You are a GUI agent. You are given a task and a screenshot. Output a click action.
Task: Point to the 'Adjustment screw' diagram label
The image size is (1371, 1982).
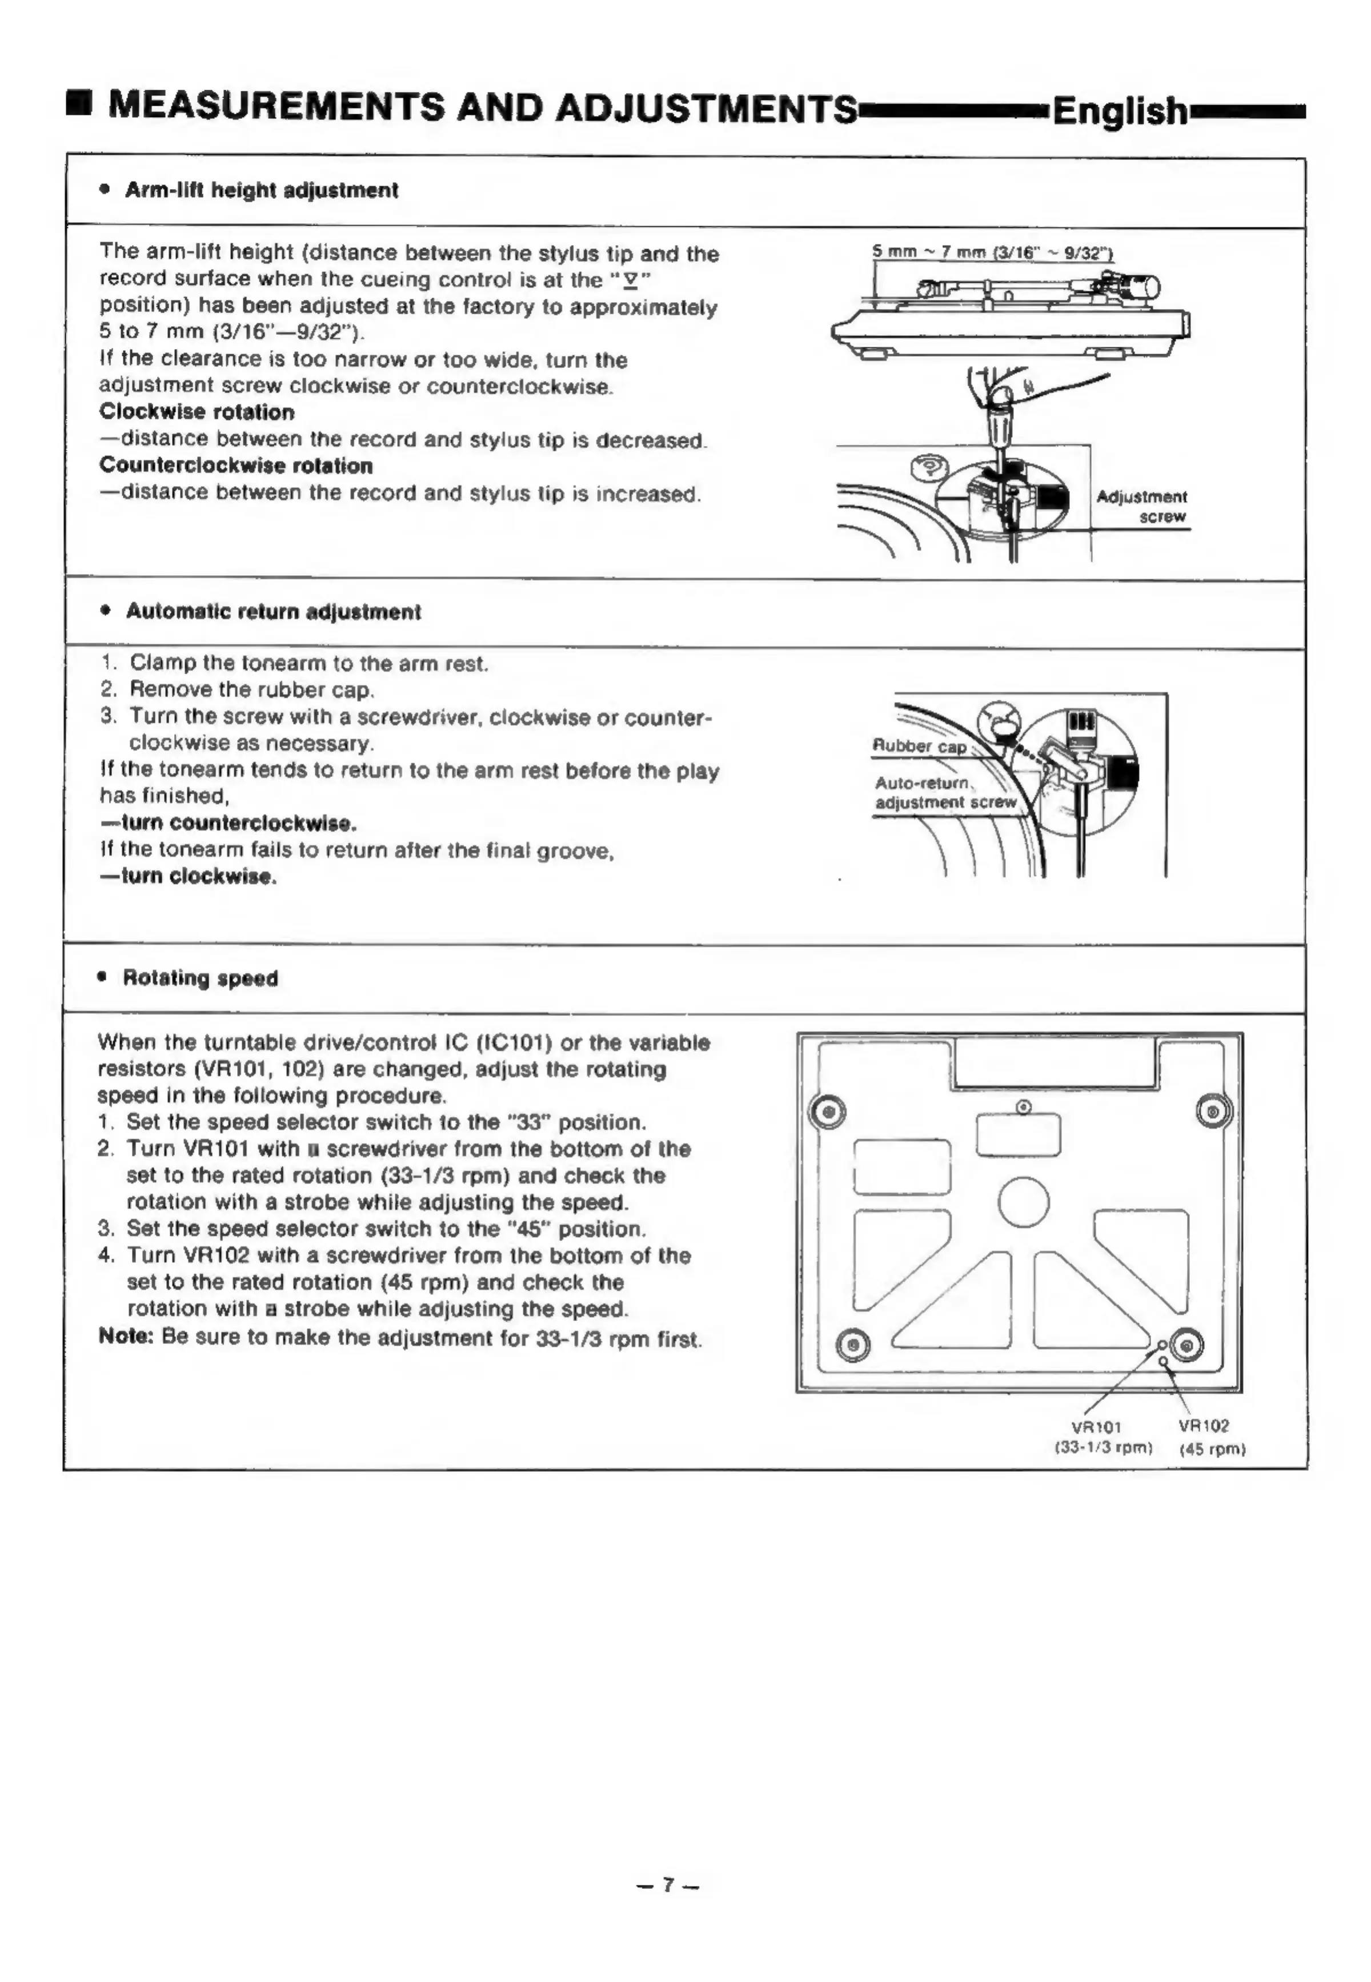point(1142,507)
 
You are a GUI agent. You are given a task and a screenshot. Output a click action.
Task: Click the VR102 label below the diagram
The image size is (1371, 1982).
point(1204,1426)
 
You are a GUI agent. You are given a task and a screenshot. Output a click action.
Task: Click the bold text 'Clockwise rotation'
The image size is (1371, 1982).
point(197,412)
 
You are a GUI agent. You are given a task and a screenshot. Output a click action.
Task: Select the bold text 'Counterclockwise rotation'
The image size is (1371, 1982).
point(236,466)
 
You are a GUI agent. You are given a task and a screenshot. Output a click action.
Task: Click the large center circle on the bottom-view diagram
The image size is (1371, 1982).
point(1023,1201)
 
